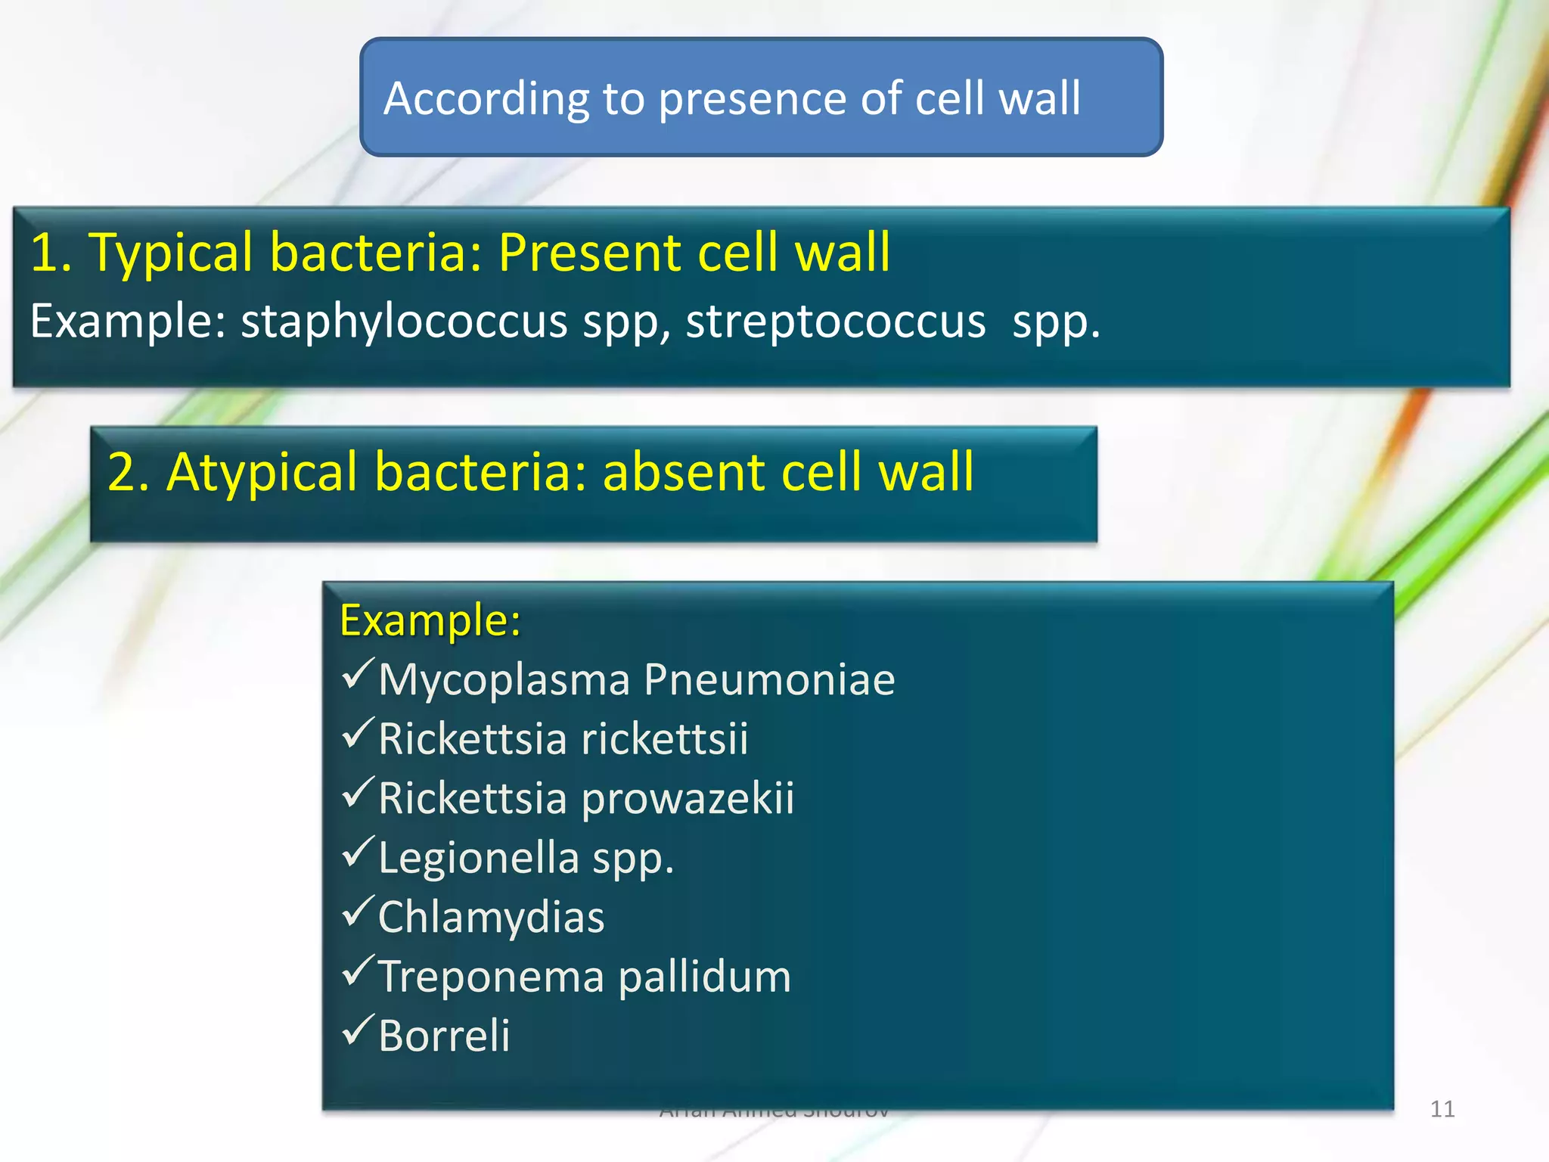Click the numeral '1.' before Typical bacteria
coord(51,252)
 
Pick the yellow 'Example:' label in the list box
coord(430,620)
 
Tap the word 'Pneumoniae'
coord(770,679)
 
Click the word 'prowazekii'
coord(688,799)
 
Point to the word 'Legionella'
coord(478,858)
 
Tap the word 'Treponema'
coord(491,977)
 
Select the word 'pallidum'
coord(705,977)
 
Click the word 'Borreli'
coord(444,1036)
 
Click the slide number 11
coord(1442,1109)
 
